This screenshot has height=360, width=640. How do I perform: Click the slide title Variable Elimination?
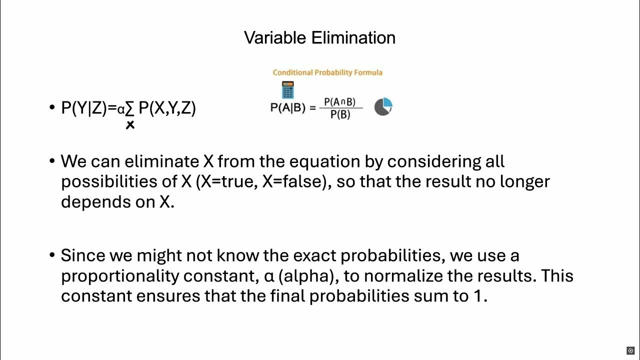coord(319,38)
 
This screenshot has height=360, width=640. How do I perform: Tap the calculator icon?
coord(287,90)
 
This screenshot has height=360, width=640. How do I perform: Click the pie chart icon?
coord(383,106)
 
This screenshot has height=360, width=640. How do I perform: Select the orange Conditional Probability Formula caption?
coord(327,72)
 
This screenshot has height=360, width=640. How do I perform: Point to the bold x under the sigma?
coord(130,125)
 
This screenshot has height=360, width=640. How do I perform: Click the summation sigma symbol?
coord(129,108)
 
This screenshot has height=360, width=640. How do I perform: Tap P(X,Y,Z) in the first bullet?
coord(167,108)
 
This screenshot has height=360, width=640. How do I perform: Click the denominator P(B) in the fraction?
coord(340,114)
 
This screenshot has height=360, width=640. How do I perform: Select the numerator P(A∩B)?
coord(340,102)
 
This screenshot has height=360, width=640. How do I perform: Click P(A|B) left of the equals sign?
coord(287,107)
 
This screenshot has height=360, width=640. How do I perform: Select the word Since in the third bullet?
coord(79,255)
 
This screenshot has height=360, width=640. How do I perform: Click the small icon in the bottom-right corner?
coord(630,350)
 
